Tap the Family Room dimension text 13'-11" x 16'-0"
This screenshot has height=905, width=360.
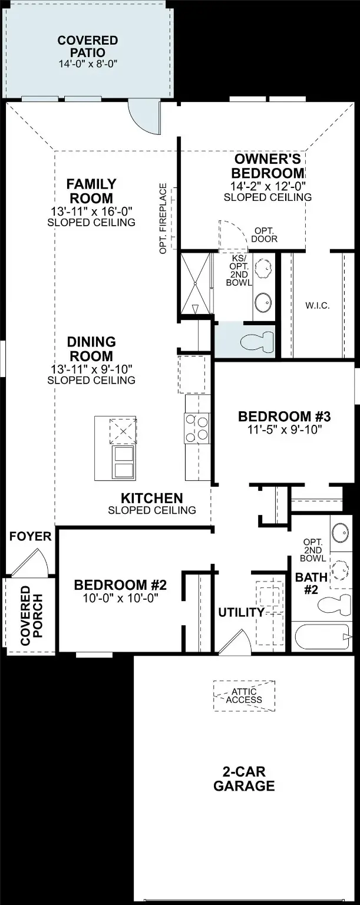[91, 212]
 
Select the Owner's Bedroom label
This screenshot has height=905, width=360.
[267, 166]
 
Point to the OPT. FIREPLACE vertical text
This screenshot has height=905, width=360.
[163, 219]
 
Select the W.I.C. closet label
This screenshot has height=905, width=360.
[317, 306]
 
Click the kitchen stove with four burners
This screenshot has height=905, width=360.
[197, 428]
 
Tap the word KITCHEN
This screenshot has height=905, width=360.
[152, 498]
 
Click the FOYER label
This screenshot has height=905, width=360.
[31, 537]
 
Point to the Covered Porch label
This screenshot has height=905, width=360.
[26, 615]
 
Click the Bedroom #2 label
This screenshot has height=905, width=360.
[120, 585]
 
